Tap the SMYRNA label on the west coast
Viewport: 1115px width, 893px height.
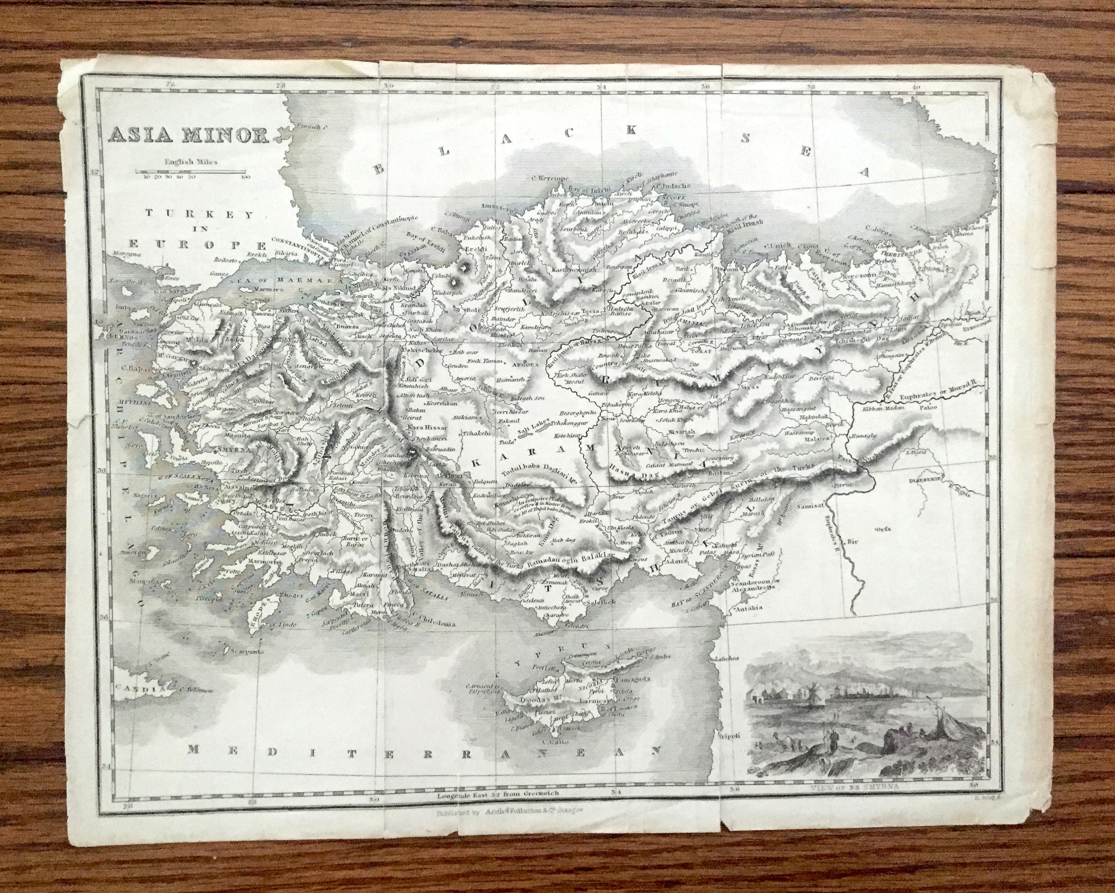click(234, 449)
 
